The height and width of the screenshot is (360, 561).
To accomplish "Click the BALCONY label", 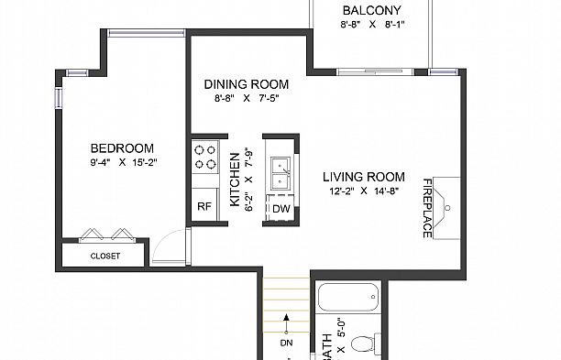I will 371,10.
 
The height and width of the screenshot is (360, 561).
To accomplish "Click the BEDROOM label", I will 121,148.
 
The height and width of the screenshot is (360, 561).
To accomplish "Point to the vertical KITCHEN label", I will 235,180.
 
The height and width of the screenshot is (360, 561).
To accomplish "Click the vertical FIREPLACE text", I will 427,208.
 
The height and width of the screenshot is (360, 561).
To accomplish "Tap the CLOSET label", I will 104,256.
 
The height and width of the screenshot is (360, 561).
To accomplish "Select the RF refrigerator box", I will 204,207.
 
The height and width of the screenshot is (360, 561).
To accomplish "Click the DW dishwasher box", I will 280,209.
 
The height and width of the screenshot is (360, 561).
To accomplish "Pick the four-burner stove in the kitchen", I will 204,157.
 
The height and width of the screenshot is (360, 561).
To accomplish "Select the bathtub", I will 347,297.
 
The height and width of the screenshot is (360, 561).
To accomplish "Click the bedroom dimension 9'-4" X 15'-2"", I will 121,164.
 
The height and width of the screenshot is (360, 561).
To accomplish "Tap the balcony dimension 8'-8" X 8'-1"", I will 371,26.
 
